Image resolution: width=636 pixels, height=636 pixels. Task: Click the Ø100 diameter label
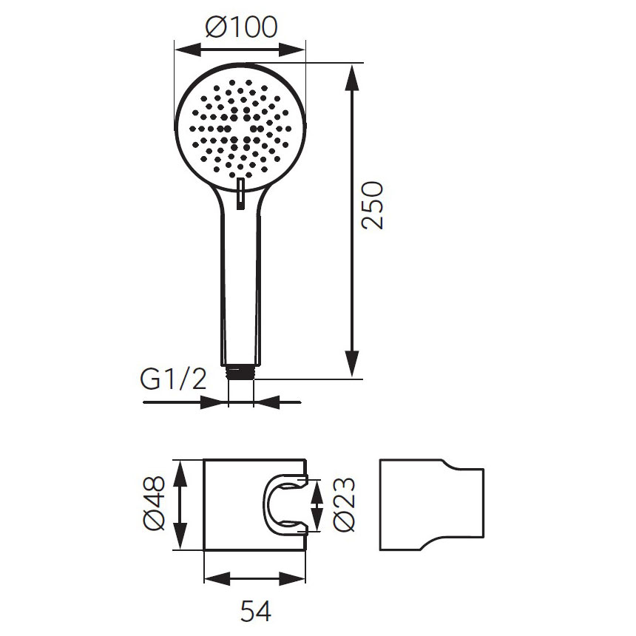click(x=241, y=27)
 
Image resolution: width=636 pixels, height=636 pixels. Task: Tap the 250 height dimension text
click(x=372, y=206)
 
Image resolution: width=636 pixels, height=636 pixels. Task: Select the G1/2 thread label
click(x=174, y=379)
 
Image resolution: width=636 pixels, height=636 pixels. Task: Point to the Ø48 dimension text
click(x=155, y=504)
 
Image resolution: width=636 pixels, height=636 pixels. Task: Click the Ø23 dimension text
click(x=345, y=504)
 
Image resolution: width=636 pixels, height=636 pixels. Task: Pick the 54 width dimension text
click(x=256, y=611)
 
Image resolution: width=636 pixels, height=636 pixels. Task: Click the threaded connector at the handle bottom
click(x=241, y=372)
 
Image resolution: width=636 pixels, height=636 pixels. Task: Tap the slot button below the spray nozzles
click(x=241, y=194)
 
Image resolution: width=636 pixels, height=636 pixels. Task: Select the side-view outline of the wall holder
click(x=432, y=504)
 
